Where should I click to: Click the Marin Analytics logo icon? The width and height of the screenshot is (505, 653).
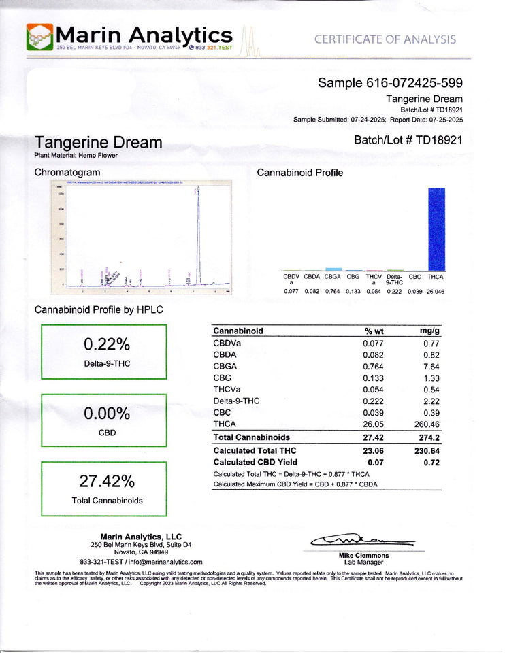(x=41, y=37)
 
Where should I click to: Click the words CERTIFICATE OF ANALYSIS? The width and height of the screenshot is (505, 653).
(x=385, y=39)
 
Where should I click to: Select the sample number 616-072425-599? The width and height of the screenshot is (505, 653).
(x=391, y=83)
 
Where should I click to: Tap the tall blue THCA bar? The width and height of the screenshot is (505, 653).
(x=436, y=229)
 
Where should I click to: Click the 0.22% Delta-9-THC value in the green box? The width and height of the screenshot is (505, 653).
(x=105, y=344)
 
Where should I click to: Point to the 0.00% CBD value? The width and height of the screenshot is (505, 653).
(x=105, y=414)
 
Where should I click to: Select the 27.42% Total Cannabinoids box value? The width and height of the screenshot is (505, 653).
(x=105, y=481)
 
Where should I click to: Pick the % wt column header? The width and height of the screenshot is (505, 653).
(x=375, y=331)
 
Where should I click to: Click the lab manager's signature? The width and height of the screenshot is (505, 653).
(x=361, y=541)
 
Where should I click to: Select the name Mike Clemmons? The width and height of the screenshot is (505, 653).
(x=363, y=556)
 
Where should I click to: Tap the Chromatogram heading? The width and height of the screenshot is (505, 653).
(x=63, y=173)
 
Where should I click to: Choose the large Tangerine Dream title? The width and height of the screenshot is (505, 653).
(x=99, y=143)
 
